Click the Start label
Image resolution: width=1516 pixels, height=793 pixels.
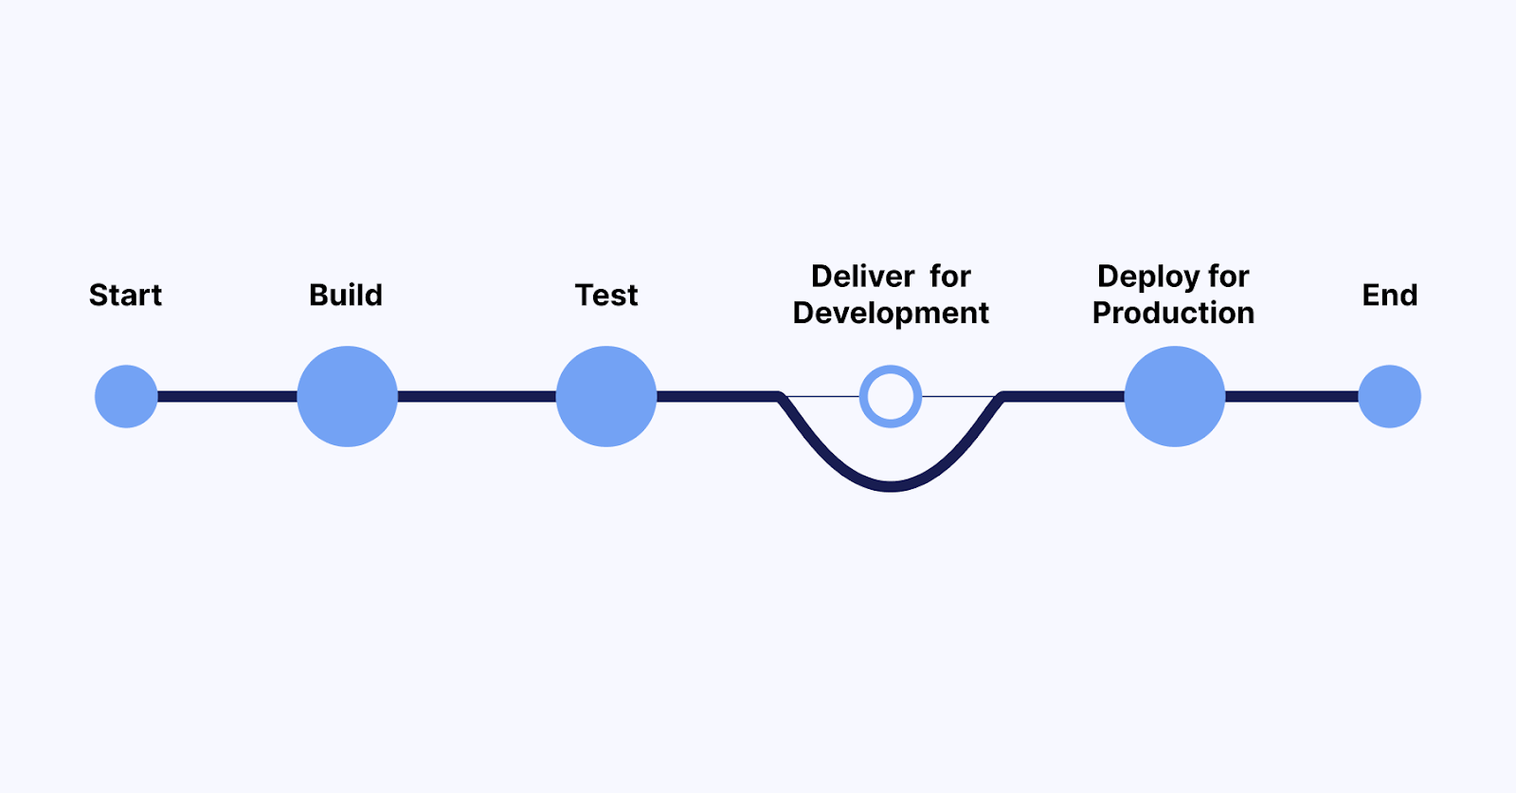point(125,296)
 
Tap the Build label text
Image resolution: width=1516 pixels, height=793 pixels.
point(346,296)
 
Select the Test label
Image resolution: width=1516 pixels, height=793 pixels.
point(606,296)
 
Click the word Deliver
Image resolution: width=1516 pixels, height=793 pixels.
point(862,277)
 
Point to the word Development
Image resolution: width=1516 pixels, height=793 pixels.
point(891,314)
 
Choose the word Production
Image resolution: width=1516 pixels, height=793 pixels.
point(1173,314)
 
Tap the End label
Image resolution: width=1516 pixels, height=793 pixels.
point(1389,296)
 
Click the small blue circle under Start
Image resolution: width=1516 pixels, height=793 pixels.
point(126,396)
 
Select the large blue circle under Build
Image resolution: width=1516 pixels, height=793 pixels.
point(347,396)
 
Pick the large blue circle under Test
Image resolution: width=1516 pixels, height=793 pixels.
point(606,396)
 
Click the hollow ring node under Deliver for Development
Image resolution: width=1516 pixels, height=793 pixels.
point(891,396)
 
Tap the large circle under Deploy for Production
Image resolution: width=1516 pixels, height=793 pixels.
point(1174,396)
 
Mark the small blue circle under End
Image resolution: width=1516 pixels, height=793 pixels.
point(1389,396)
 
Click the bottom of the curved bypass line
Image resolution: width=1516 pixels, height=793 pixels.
point(891,486)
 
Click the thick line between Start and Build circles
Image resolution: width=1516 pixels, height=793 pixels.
point(227,396)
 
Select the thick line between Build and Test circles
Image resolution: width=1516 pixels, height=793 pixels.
point(477,396)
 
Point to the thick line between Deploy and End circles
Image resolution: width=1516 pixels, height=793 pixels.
point(1291,396)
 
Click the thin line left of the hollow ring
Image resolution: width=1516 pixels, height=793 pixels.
point(822,396)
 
